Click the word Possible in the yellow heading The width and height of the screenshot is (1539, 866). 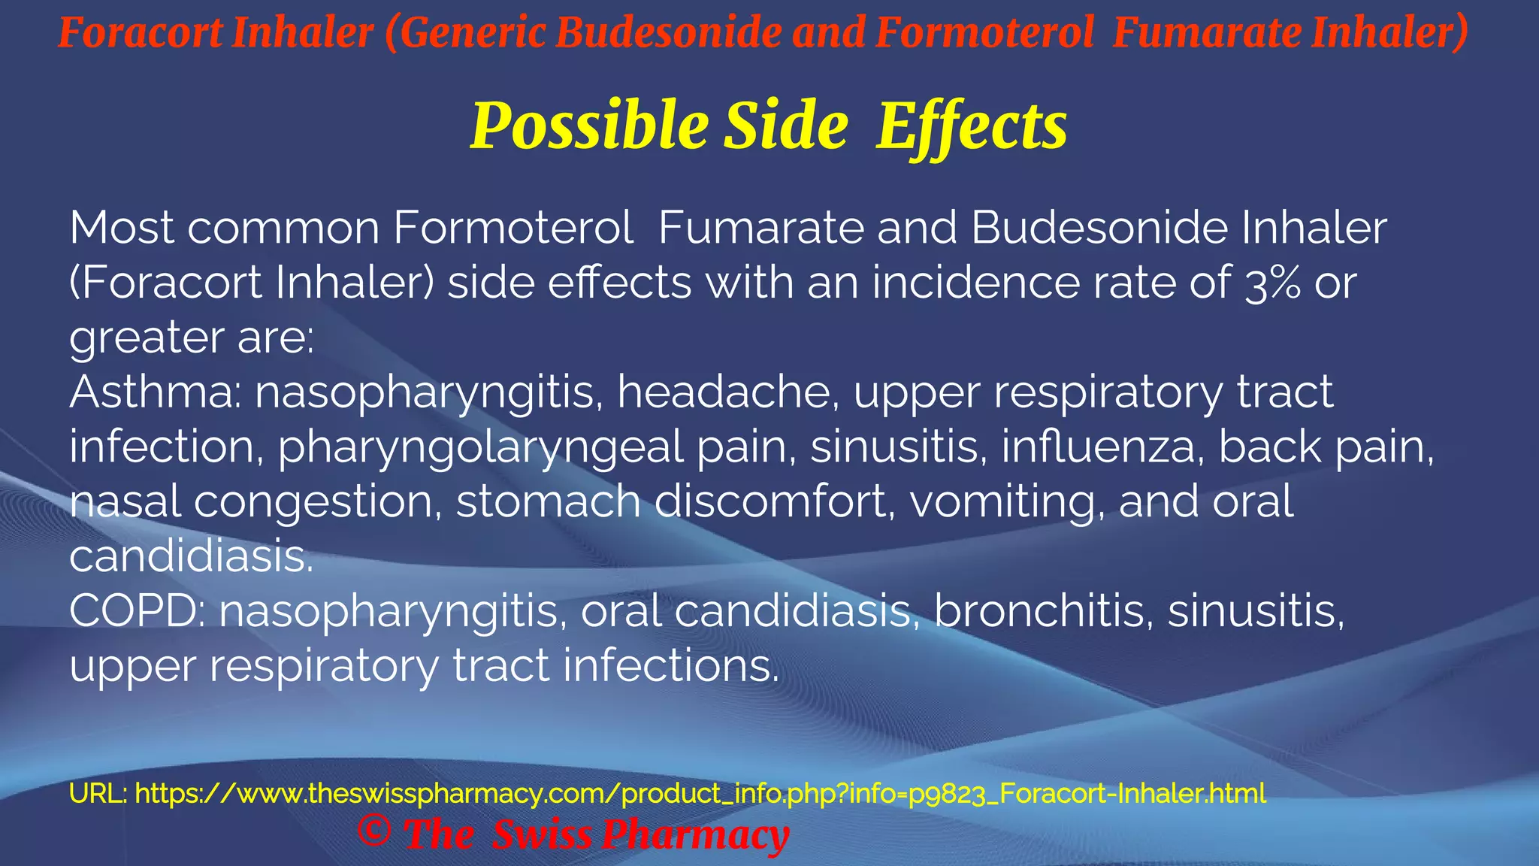click(x=589, y=126)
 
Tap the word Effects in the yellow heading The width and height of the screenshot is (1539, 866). click(x=972, y=126)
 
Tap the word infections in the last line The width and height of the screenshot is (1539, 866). click(x=671, y=666)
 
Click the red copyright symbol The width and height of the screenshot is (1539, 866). click(x=373, y=831)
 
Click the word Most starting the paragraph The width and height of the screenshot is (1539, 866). click(x=122, y=228)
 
